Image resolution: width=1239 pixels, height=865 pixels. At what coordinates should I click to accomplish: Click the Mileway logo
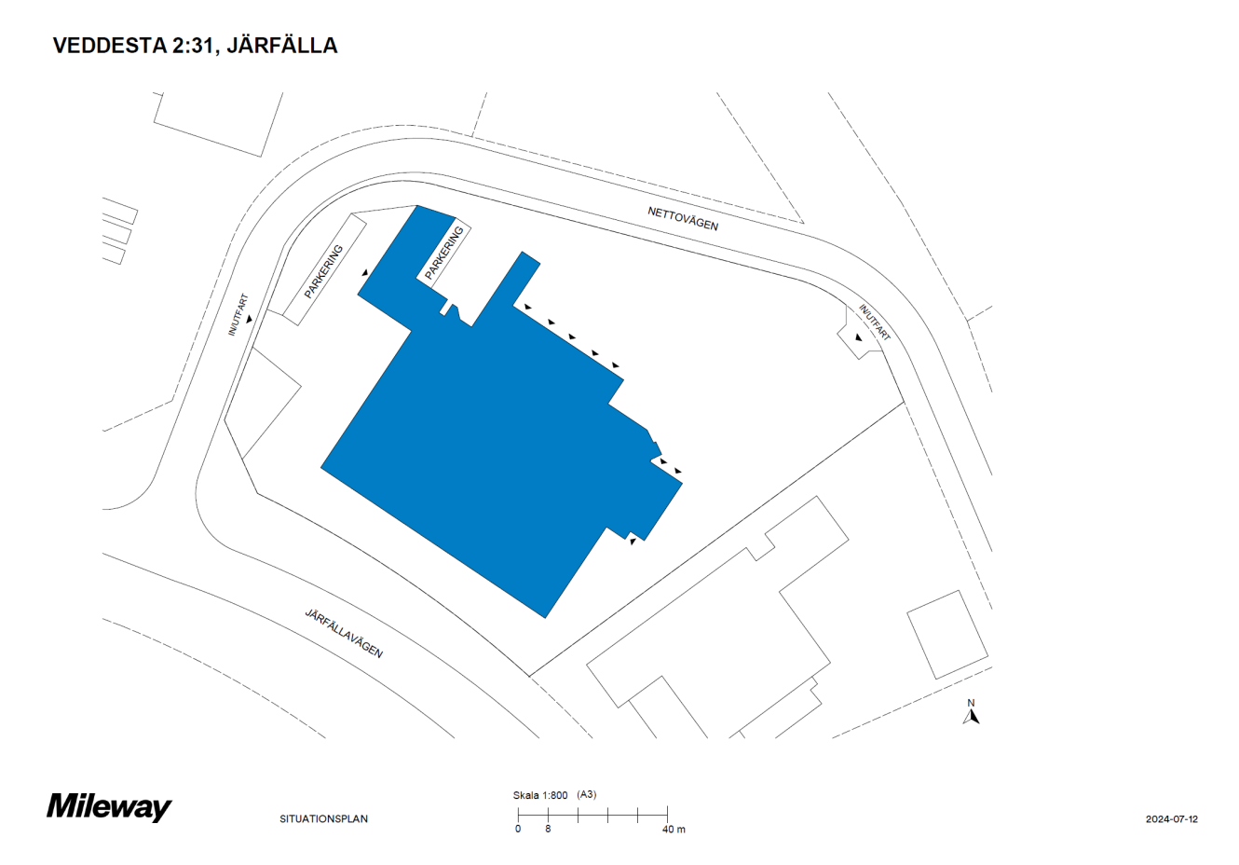109,806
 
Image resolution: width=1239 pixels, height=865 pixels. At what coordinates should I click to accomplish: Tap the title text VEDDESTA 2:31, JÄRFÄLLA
195,46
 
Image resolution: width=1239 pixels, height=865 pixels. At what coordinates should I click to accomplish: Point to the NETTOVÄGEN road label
683,219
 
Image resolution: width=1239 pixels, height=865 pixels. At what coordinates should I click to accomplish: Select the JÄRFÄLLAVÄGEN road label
344,633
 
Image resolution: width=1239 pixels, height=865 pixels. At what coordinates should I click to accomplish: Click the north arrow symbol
971,716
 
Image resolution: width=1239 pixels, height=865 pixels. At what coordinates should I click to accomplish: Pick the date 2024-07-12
1171,819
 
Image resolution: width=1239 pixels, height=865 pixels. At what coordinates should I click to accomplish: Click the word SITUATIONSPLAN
323,819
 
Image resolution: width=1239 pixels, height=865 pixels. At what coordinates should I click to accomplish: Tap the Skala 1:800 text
539,795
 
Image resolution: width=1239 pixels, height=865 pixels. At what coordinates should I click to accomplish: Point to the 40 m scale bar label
674,829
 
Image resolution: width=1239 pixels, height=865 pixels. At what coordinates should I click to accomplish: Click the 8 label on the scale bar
548,829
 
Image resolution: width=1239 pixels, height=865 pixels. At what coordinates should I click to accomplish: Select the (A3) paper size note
587,795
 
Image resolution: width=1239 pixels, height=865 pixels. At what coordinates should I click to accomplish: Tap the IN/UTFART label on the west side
239,314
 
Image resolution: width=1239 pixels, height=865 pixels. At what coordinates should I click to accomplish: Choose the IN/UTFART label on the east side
875,323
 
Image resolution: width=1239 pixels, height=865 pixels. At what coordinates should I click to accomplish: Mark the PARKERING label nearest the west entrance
323,271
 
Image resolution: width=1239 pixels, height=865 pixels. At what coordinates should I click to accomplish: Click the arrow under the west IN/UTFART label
250,320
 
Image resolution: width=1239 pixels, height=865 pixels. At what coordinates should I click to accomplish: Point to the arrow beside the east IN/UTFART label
858,337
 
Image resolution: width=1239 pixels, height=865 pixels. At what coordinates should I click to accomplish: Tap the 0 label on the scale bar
518,829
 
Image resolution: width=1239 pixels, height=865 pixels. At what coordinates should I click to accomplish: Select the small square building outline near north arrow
947,634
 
